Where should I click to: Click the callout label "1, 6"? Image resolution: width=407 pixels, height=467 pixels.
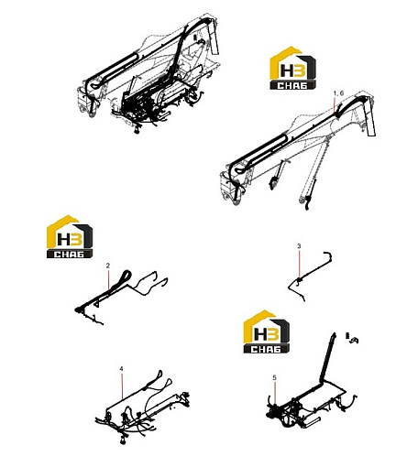[338, 93]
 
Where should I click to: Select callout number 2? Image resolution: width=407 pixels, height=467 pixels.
[108, 266]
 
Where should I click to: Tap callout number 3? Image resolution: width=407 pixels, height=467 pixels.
[299, 245]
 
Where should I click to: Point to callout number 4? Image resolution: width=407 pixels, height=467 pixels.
[121, 369]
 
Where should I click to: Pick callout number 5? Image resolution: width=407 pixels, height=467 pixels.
[274, 377]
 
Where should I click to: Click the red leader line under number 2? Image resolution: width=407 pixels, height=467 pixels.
[108, 280]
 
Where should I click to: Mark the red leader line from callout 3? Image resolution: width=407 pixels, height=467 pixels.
[300, 264]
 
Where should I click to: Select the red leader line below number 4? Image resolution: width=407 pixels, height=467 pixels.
[122, 386]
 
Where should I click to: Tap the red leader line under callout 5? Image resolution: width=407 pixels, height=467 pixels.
[275, 393]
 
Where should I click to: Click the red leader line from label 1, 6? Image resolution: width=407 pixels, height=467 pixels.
[335, 104]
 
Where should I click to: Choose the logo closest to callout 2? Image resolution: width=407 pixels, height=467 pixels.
[70, 236]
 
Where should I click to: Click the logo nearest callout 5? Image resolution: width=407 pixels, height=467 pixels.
[267, 331]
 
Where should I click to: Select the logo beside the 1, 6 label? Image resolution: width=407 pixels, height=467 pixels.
[292, 68]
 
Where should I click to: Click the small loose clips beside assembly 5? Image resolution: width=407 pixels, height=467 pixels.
[352, 338]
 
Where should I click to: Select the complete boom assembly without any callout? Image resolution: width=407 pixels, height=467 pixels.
[148, 75]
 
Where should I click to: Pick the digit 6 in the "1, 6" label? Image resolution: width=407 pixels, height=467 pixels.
[342, 93]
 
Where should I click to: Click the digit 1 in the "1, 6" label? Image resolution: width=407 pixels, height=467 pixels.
[335, 93]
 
